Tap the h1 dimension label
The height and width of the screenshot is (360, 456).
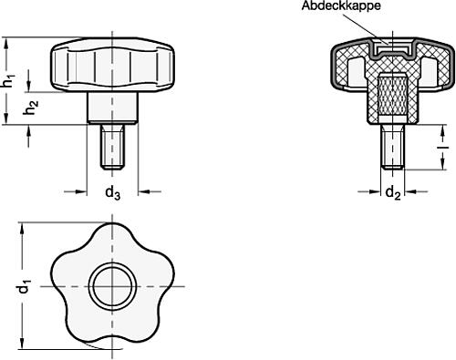pyautogui.click(x=8, y=80)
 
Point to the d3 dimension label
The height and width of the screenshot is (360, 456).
pyautogui.click(x=111, y=192)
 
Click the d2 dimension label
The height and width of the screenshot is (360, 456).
pyautogui.click(x=391, y=192)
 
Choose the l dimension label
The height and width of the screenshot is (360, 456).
pyautogui.click(x=441, y=143)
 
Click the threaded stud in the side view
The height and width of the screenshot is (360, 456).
pyautogui.click(x=111, y=146)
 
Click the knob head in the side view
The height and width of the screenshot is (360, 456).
pyautogui.click(x=111, y=67)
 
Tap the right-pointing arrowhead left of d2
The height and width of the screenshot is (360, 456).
pyautogui.click(x=374, y=191)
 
